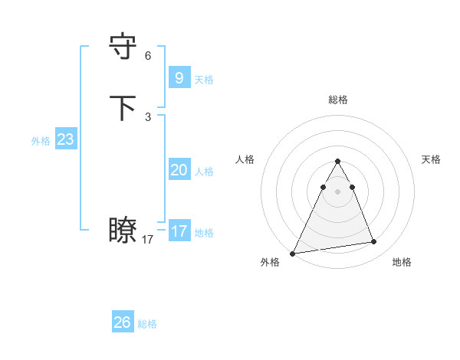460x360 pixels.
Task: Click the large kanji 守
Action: pos(123,47)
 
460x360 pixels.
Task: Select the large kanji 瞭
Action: pos(123,231)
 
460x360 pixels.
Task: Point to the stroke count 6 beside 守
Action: pos(148,56)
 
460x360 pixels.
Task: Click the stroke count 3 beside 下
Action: pos(148,117)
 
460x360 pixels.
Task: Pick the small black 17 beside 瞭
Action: pos(148,240)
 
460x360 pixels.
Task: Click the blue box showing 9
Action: pos(179,77)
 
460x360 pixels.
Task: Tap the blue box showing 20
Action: pos(179,169)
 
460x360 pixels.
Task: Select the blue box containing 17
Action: pos(179,231)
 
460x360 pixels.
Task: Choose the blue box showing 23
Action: pos(65,139)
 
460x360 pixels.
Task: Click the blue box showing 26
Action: pos(122,322)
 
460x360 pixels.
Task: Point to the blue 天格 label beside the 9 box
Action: pos(204,80)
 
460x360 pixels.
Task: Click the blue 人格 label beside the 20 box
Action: pos(204,172)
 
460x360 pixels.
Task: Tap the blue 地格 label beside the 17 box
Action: pos(204,233)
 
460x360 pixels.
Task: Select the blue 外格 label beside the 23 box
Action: pos(41,141)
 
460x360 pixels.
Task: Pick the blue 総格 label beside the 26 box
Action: pos(147,325)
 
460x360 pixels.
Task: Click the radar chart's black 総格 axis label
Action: pos(338,100)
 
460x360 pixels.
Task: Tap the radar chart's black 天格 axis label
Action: pos(432,159)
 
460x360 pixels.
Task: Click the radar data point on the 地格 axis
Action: pos(374,242)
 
